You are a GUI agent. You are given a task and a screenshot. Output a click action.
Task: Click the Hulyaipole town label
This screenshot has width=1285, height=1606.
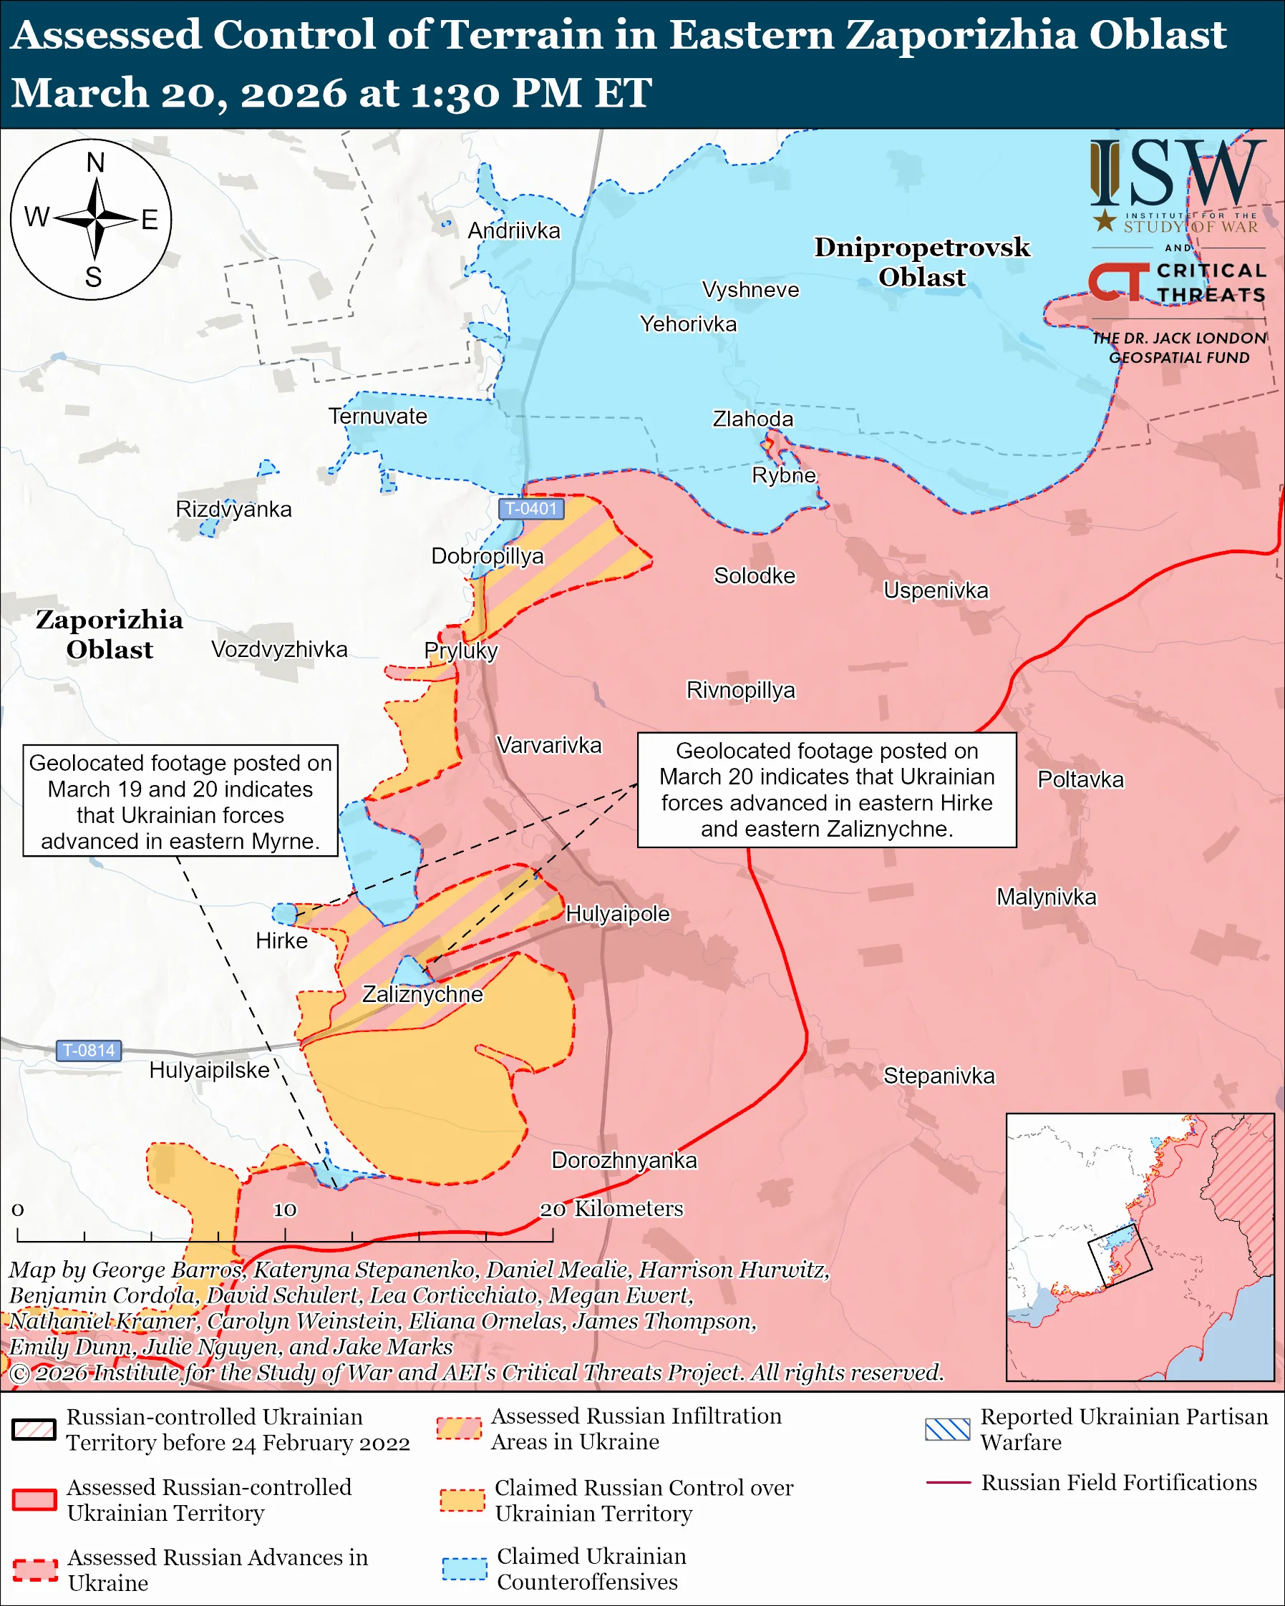[x=618, y=914]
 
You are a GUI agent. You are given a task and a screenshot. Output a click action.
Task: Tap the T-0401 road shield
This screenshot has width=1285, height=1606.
[x=530, y=509]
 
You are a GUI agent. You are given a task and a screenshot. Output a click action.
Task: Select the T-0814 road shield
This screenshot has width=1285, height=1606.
[x=89, y=1051]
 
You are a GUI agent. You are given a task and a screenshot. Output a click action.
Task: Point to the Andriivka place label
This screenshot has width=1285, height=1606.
[x=513, y=231]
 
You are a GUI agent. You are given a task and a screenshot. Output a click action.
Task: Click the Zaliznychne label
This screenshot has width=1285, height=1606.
[x=422, y=994]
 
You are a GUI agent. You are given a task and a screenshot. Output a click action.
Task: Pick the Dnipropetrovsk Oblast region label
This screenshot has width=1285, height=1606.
[x=921, y=261]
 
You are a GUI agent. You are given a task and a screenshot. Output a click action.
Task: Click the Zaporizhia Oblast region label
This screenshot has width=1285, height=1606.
[x=110, y=634]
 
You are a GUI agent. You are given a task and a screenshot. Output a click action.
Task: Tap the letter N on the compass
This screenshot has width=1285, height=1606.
[x=95, y=162]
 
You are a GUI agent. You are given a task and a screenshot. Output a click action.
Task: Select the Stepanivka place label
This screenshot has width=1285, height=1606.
[x=939, y=1076]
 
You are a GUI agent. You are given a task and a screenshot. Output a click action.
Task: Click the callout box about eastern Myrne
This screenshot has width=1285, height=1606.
[x=180, y=801]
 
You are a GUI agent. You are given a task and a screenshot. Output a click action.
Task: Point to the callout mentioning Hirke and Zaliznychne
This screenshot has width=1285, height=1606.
[x=826, y=789]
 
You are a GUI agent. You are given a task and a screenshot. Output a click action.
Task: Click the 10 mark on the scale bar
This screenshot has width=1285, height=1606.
[x=285, y=1210]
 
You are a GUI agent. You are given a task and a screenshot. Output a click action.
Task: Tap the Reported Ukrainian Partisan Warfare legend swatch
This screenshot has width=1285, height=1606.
[x=947, y=1429]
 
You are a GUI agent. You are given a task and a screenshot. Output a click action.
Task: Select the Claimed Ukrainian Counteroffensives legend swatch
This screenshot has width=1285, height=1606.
[x=464, y=1568]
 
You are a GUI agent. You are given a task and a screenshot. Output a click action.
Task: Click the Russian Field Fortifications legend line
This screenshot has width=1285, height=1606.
[x=948, y=1482]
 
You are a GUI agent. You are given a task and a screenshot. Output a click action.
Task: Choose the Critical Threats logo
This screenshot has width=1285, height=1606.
[x=1177, y=282]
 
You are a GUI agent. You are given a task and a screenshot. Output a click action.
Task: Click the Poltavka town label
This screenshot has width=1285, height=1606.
[x=1080, y=780]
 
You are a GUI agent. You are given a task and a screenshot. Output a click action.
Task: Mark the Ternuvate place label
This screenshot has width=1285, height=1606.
[x=378, y=417]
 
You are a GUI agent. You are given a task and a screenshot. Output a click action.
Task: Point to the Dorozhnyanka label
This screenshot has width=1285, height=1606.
[x=624, y=1161]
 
